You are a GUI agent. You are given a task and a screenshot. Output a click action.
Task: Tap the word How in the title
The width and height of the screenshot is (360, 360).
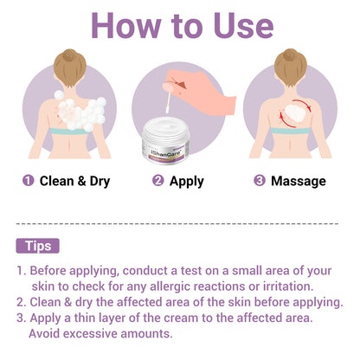point(125,26)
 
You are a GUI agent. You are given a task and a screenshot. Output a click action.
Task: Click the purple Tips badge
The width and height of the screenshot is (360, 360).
point(37,246)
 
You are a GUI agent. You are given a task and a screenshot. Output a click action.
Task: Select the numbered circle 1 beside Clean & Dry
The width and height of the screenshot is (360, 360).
point(29,181)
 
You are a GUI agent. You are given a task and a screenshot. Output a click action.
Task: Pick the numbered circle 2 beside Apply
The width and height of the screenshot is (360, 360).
point(158,181)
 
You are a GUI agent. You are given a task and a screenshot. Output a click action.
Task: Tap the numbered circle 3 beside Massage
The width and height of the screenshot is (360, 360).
point(260,181)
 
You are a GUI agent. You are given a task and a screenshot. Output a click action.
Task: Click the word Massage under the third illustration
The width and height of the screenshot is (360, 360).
point(299,181)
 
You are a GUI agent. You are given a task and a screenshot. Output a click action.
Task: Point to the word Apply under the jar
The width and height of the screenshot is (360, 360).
point(187,182)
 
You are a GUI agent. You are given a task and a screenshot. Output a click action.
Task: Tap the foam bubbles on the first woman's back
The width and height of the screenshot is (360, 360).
point(80,112)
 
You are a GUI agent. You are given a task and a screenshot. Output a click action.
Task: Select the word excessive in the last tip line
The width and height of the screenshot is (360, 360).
point(90,334)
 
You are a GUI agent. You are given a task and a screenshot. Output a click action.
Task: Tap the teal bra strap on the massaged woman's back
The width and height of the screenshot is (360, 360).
point(290,131)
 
